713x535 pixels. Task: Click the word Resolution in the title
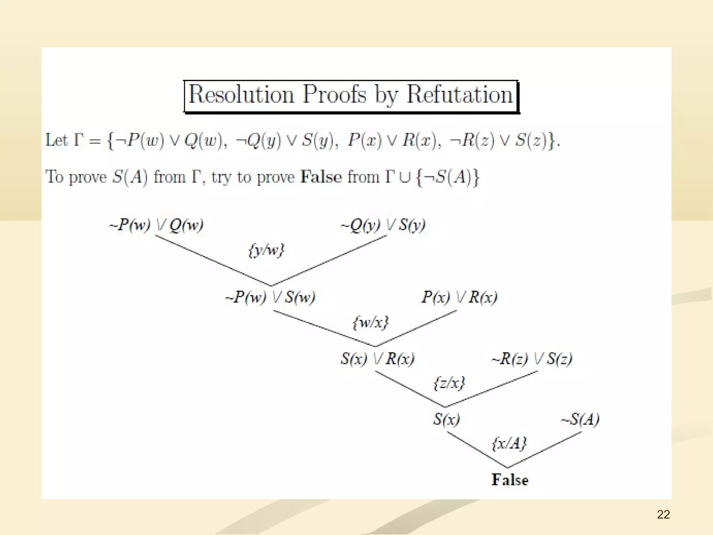[241, 94]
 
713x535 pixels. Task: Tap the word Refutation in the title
[460, 94]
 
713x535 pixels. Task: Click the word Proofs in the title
[334, 94]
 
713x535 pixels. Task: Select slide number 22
[663, 514]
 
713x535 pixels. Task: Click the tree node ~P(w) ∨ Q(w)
[156, 225]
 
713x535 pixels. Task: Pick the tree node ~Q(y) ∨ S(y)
[383, 225]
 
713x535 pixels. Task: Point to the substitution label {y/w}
[266, 250]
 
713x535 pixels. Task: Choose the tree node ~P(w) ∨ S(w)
[271, 297]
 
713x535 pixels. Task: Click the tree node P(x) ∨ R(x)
[459, 297]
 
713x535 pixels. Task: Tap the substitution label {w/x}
[370, 322]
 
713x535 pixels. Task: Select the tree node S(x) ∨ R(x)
[377, 359]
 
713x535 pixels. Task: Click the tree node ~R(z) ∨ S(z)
[532, 359]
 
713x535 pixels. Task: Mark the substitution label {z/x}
[449, 383]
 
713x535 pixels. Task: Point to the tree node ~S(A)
[580, 419]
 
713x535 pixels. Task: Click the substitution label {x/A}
[509, 443]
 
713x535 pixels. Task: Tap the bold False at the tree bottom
[510, 480]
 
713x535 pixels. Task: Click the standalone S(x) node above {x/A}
[446, 419]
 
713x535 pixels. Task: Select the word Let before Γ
[56, 140]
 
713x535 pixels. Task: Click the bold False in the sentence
[321, 177]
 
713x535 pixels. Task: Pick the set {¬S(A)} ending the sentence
[448, 177]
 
